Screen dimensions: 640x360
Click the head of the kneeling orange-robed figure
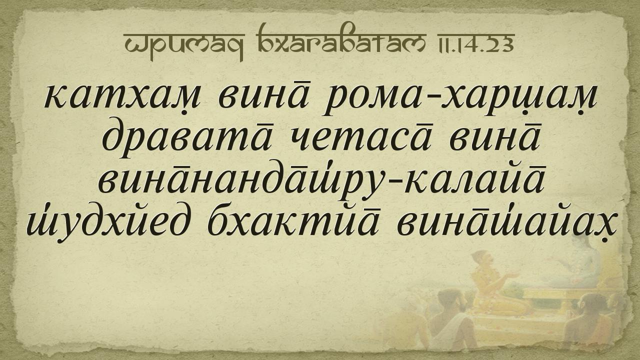coord(483,258)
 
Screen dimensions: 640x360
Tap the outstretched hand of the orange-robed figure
coord(513,275)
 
